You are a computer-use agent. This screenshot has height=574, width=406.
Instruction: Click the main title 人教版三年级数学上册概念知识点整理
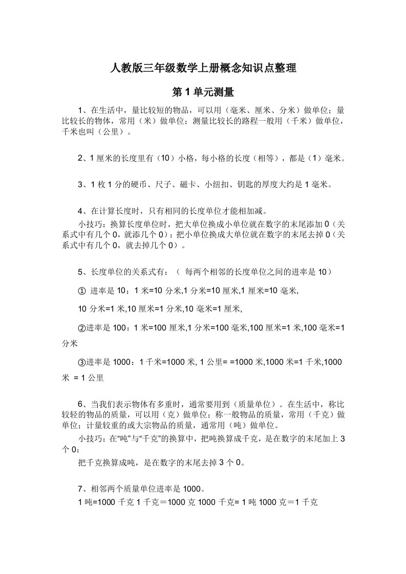203,68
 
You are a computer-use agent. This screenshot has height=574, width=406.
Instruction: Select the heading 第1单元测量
203,93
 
